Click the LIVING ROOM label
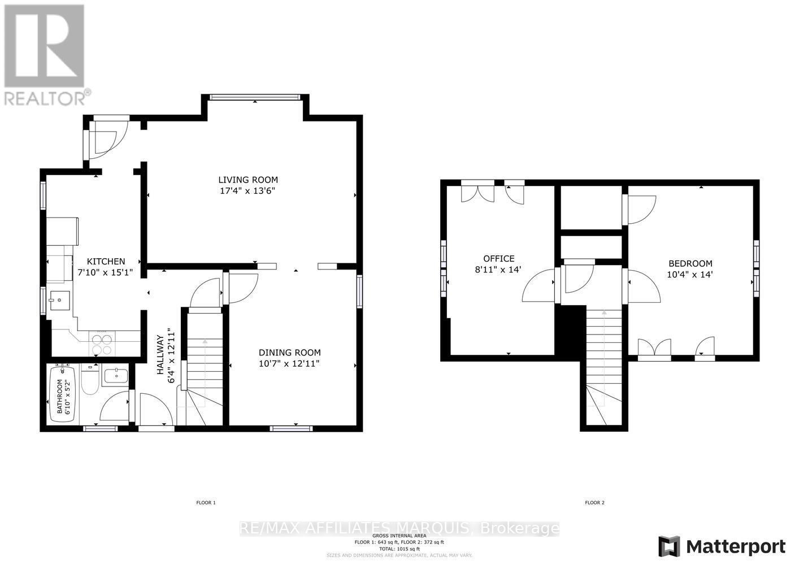248,180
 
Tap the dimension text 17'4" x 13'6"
248,191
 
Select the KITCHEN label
106,261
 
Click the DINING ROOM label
289,353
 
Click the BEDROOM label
690,263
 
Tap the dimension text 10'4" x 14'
690,275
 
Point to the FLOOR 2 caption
594,502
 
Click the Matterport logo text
735,547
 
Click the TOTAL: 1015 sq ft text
399,549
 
